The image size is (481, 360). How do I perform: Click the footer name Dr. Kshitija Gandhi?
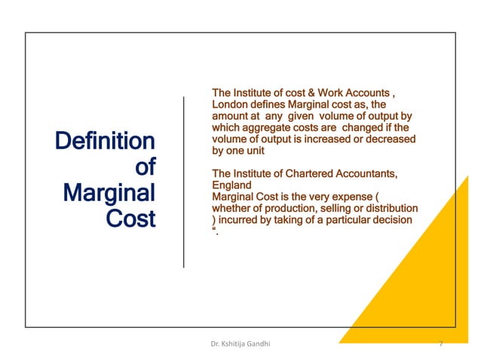[240, 344]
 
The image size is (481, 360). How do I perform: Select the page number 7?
[440, 344]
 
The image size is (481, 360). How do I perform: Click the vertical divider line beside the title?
[184, 181]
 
